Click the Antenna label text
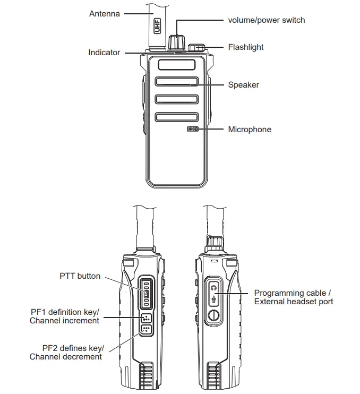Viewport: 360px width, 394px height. pos(105,14)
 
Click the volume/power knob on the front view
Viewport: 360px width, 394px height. pos(177,42)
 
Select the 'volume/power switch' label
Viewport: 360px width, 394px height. pos(267,20)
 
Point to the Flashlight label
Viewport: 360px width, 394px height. pos(246,47)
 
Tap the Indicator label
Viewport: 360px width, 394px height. pos(104,53)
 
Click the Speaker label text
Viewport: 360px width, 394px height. pos(244,84)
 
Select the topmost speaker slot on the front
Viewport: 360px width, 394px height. pos(177,65)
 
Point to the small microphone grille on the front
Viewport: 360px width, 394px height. pos(193,129)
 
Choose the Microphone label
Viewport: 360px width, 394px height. pos(250,130)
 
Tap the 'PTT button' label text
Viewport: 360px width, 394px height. pos(80,276)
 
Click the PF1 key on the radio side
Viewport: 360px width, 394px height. pos(146,319)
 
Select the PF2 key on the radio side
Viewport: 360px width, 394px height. pos(146,330)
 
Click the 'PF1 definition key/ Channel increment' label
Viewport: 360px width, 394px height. pos(65,316)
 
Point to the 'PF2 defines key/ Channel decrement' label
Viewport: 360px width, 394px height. pos(67,353)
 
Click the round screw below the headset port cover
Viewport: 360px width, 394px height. pos(213,316)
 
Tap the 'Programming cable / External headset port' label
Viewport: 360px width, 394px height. pos(293,297)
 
